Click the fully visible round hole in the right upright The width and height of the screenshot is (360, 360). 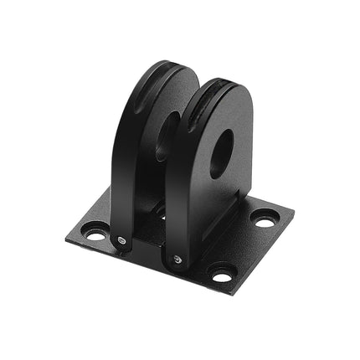221,153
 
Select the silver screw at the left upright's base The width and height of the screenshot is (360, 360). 123,242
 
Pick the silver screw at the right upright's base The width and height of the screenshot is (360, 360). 177,261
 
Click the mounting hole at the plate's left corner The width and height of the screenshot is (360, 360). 93,234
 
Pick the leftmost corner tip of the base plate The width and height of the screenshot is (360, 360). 66,239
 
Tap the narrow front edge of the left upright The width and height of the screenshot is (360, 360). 121,193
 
